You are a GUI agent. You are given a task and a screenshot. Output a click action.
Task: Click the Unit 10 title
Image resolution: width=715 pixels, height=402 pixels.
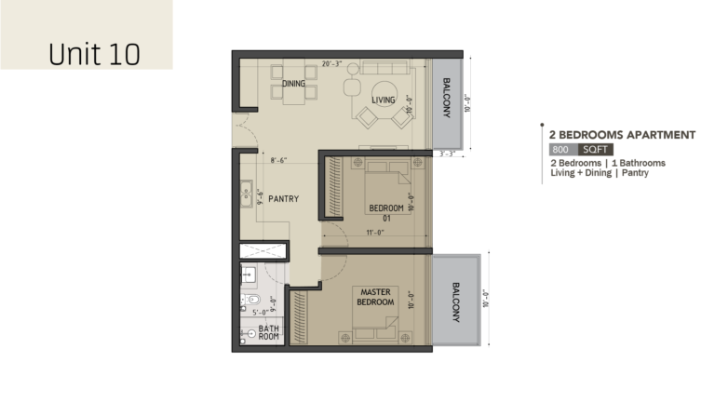tap(94, 54)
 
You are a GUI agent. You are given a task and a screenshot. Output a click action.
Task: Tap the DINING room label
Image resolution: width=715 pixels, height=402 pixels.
tap(293, 84)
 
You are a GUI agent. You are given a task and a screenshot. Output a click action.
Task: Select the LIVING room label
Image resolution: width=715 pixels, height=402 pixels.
tap(383, 100)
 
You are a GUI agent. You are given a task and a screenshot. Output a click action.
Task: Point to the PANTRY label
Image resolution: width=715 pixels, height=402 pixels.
tap(283, 199)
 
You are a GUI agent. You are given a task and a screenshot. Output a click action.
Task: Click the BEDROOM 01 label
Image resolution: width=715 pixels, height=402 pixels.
tap(386, 213)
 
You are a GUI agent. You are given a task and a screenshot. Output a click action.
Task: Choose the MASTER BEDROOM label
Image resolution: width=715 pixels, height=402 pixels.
tap(375, 297)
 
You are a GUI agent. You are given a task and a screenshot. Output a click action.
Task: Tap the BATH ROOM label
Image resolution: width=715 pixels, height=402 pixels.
tap(268, 332)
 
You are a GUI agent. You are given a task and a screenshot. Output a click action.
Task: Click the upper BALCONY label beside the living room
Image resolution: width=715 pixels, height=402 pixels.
tap(447, 98)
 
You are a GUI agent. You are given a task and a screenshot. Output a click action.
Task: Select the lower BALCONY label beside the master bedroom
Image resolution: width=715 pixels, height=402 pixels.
tap(455, 301)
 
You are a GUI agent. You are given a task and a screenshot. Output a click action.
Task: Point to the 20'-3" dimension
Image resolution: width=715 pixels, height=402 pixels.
tap(331, 64)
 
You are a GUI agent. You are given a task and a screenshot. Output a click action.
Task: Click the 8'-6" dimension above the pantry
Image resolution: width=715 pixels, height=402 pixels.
tap(278, 160)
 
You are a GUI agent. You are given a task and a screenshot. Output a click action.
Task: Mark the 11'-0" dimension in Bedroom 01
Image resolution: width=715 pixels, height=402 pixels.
tap(375, 233)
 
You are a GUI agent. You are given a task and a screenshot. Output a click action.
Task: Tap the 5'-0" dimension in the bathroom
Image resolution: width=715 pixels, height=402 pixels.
tap(260, 313)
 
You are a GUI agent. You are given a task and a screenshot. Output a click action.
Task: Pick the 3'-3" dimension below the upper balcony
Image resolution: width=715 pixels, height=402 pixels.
tap(447, 154)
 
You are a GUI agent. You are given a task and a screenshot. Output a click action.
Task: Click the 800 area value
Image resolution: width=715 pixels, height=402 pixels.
tap(560, 150)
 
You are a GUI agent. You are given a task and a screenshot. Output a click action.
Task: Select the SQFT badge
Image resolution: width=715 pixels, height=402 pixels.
tap(595, 150)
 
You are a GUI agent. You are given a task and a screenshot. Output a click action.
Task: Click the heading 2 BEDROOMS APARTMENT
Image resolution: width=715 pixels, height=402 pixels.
tap(622, 135)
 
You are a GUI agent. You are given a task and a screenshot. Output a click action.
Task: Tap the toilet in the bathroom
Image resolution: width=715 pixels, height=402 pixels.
tap(250, 300)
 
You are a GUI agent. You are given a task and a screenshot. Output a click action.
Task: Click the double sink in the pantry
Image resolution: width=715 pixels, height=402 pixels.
tap(246, 194)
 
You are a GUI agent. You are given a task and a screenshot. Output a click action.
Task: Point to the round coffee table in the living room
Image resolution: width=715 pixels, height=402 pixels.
tap(384, 94)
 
